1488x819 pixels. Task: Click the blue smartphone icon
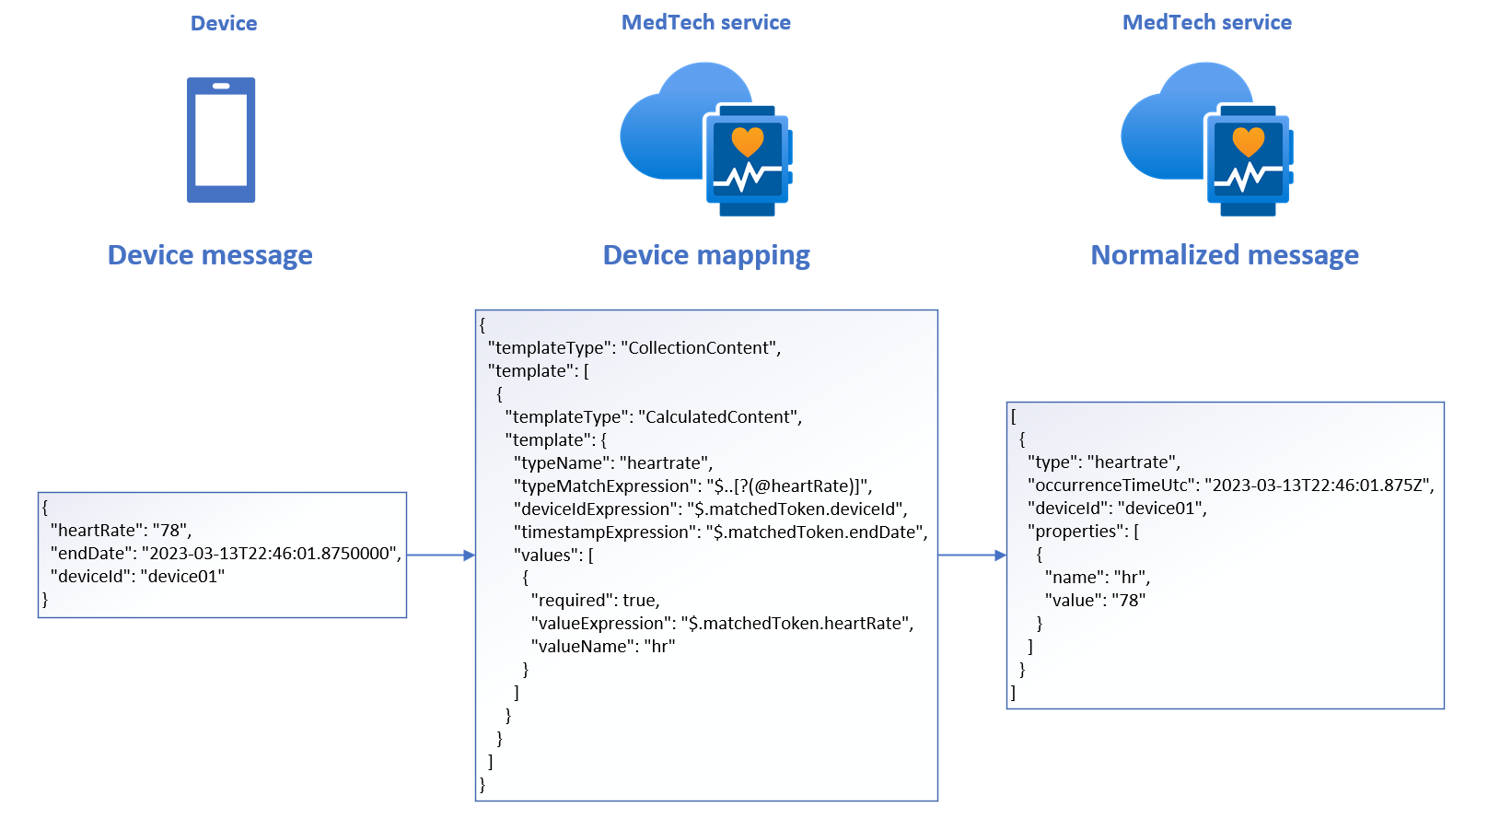(221, 140)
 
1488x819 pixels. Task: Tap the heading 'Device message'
(210, 255)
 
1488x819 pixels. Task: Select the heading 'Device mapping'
(706, 255)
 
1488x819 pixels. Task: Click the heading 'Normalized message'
(1225, 255)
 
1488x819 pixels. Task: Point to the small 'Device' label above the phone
(224, 24)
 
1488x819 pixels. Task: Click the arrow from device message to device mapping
(440, 556)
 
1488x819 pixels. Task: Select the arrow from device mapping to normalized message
(971, 556)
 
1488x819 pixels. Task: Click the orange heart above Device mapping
(748, 142)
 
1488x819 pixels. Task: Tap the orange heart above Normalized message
(1249, 142)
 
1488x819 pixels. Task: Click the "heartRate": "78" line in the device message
(121, 531)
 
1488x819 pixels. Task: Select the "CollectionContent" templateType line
(634, 348)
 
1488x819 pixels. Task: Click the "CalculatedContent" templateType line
(654, 417)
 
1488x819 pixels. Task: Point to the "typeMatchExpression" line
(692, 486)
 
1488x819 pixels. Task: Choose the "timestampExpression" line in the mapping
(720, 532)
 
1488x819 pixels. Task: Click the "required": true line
(596, 601)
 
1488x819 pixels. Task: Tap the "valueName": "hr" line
(603, 647)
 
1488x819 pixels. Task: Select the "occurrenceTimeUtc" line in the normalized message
(1231, 486)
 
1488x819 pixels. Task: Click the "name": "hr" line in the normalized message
(1098, 578)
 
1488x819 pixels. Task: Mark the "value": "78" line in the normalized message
(1096, 601)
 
